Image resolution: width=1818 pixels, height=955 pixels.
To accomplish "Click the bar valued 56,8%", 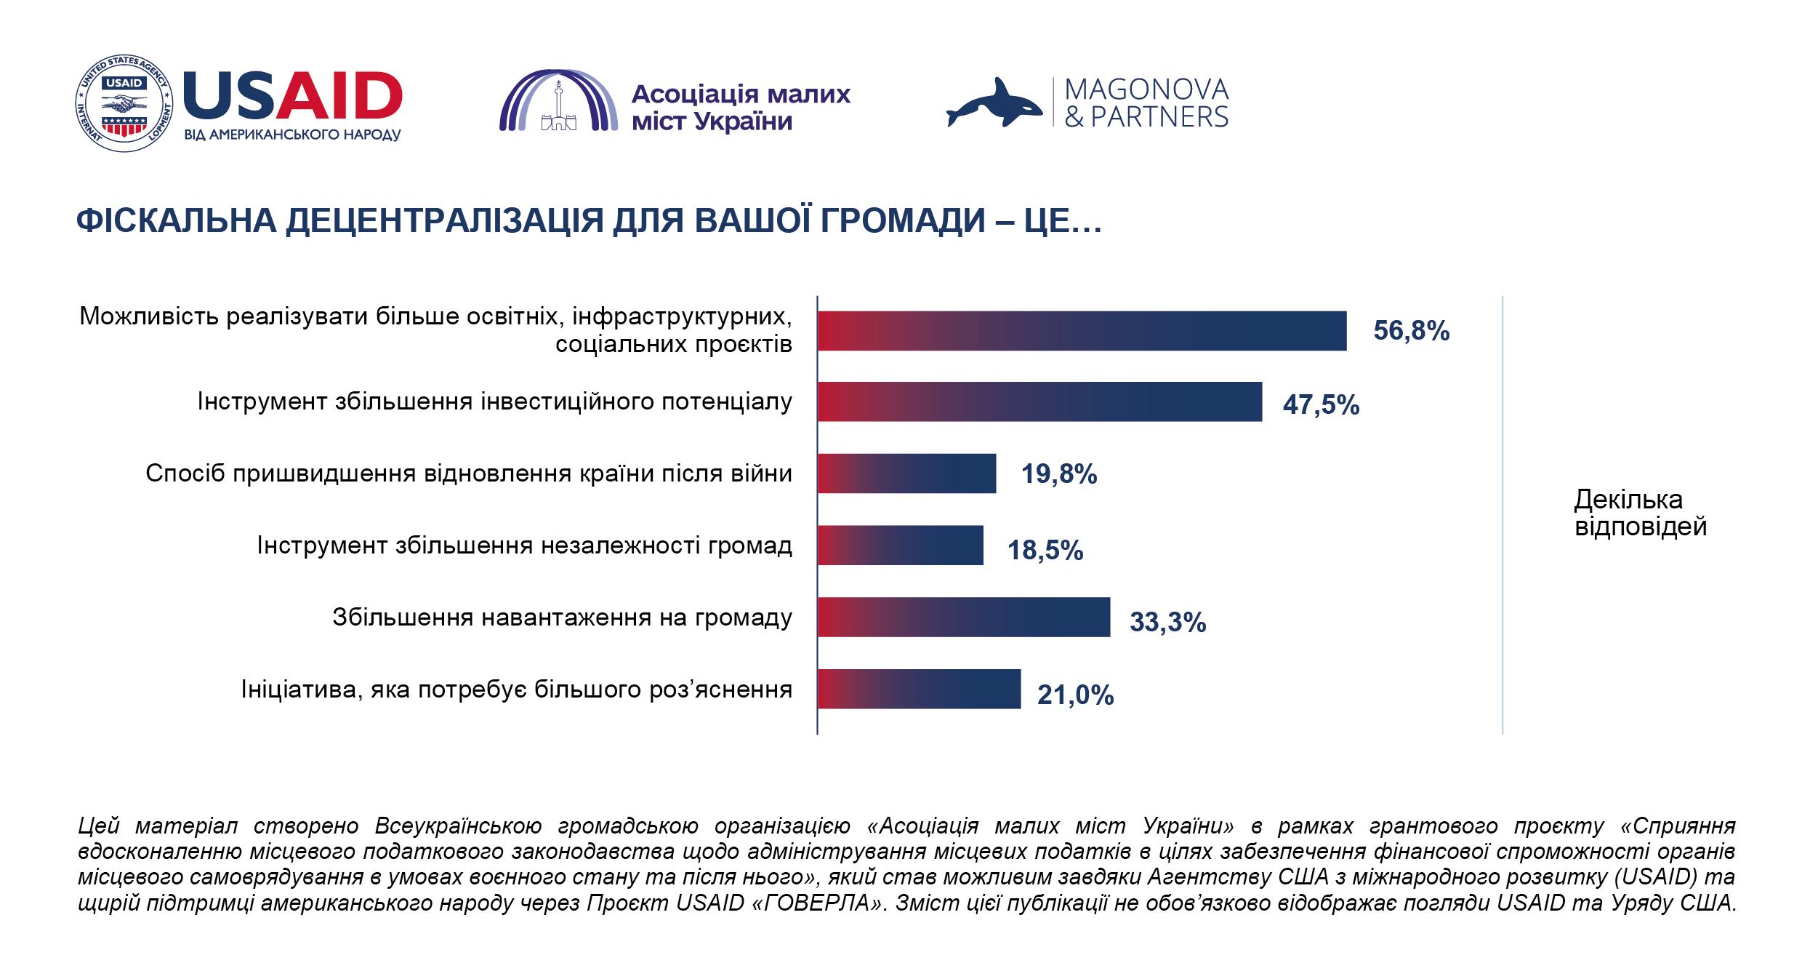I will click(1082, 331).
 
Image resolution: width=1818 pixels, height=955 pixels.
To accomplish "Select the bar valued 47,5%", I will click(1039, 401).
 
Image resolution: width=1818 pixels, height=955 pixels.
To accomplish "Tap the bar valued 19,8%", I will click(906, 473).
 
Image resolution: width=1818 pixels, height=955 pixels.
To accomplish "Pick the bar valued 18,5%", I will click(900, 546).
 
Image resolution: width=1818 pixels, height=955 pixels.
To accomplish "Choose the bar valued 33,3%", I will click(964, 618).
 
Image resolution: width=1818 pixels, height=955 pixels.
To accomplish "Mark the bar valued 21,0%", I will click(919, 689).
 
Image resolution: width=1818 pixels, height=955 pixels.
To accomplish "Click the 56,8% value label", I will click(1411, 331).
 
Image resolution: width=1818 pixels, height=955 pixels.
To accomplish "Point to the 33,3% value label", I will click(1167, 623).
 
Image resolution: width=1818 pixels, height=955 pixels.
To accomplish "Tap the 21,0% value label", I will click(1075, 695).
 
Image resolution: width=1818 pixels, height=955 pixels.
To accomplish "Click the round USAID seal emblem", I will click(124, 103).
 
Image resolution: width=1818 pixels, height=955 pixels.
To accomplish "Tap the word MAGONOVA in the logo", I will click(1146, 89).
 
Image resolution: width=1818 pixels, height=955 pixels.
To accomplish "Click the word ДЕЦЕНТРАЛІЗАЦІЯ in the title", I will click(445, 221).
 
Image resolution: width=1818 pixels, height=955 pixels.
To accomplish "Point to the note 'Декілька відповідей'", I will click(1640, 513).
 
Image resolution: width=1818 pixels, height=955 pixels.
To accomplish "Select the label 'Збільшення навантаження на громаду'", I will click(562, 618).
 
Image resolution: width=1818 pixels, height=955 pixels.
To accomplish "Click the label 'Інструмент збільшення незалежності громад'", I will click(524, 546).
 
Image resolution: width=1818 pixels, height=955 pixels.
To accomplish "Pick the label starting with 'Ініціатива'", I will click(516, 690).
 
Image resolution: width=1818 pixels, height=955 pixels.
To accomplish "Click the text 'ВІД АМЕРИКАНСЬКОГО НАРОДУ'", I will click(292, 135).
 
